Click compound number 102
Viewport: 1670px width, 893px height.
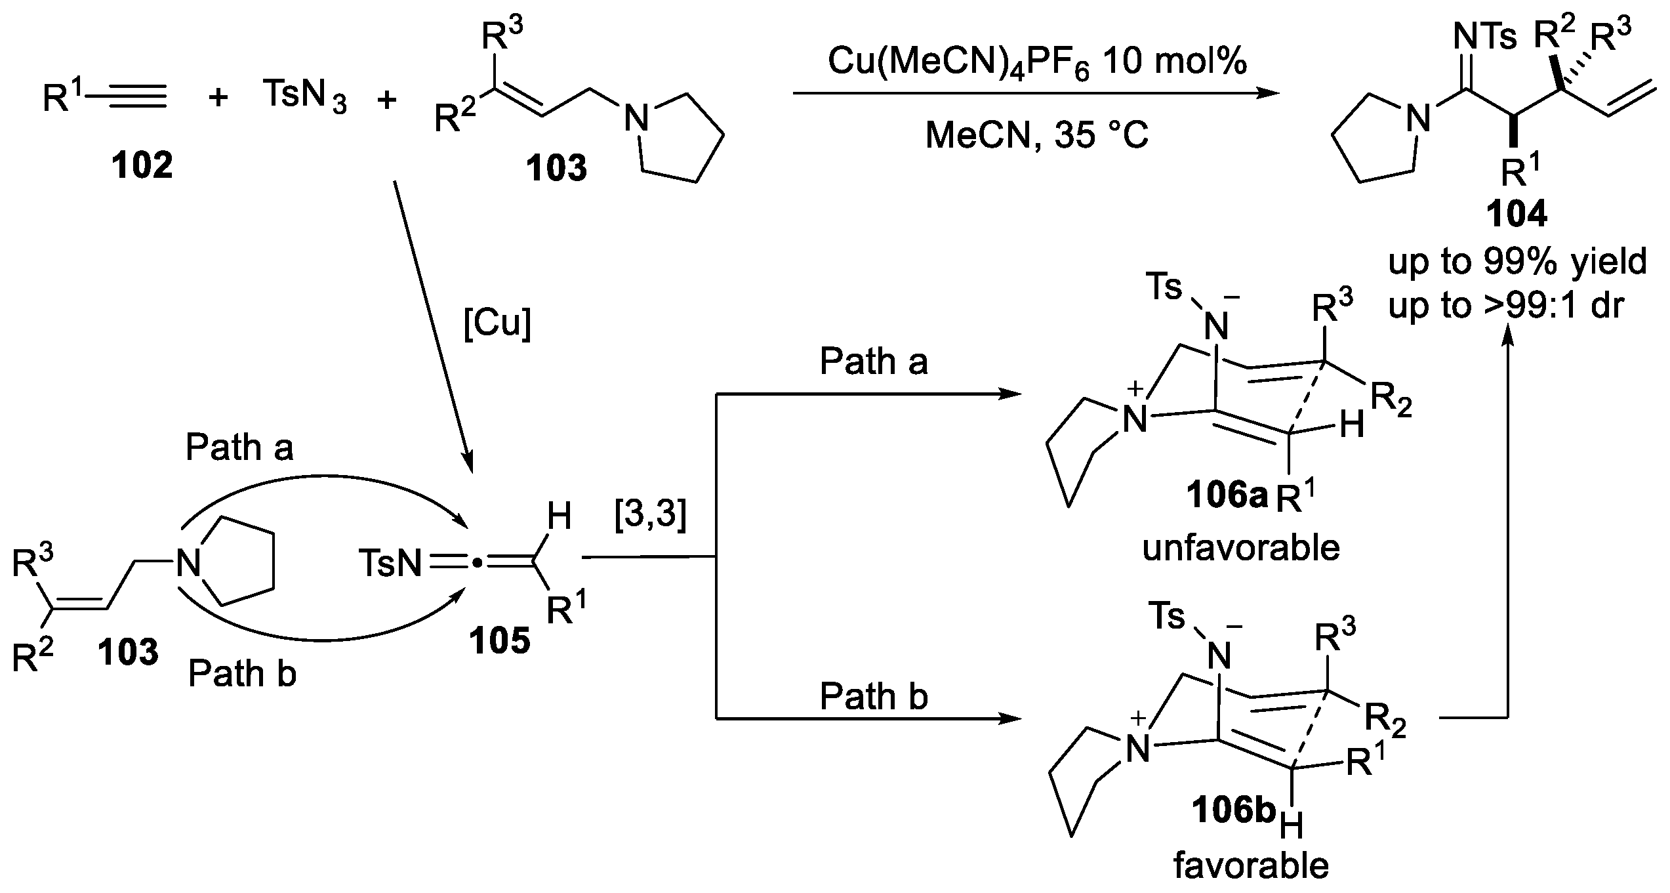click(x=142, y=166)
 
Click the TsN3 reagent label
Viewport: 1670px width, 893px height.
click(x=304, y=96)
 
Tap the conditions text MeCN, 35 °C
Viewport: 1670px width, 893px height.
click(x=1036, y=136)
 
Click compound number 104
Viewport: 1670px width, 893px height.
click(x=1517, y=215)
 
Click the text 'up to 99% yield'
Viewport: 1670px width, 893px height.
click(x=1517, y=262)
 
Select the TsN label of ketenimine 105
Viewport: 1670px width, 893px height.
click(x=390, y=564)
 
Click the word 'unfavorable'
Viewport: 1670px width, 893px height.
click(x=1240, y=548)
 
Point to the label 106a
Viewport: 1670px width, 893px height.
click(x=1227, y=497)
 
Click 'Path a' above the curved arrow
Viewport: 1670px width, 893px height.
click(x=239, y=447)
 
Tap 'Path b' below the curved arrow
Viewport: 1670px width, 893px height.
click(x=242, y=674)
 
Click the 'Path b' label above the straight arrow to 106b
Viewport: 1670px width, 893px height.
click(x=874, y=696)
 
